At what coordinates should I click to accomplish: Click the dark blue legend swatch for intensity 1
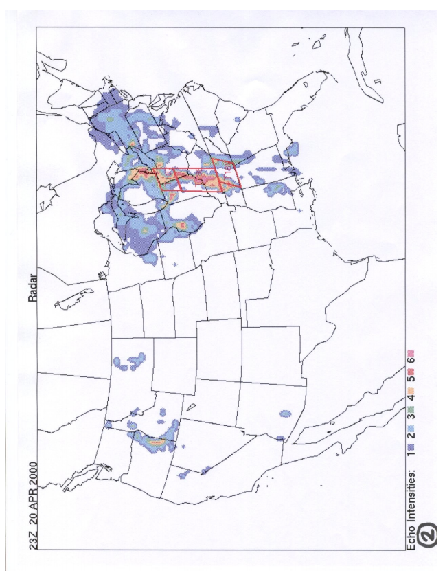412,446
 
